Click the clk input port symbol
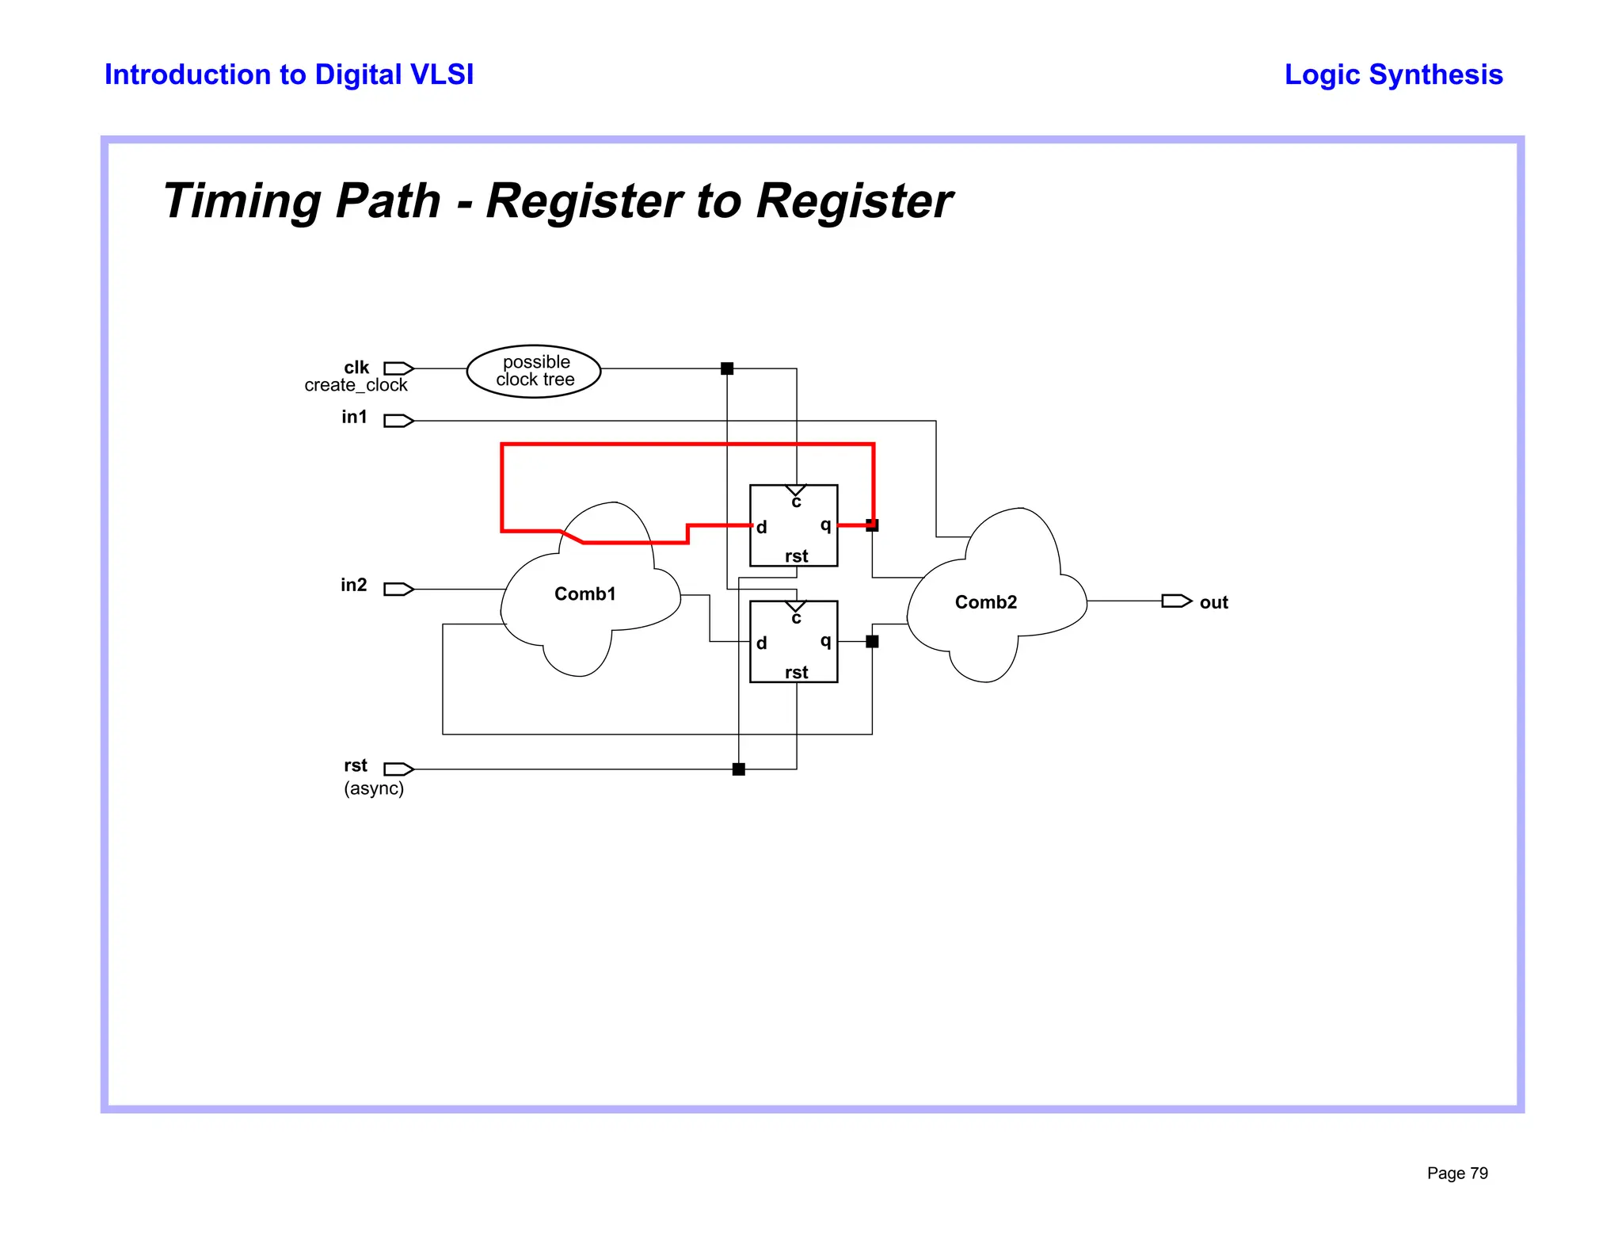pyautogui.click(x=398, y=368)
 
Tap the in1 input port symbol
pyautogui.click(x=398, y=421)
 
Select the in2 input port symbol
pyautogui.click(x=398, y=589)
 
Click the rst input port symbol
pyautogui.click(x=398, y=769)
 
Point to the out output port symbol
pyautogui.click(x=1176, y=601)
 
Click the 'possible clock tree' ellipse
pyautogui.click(x=534, y=371)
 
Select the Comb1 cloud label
pyautogui.click(x=584, y=594)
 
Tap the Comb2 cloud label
pyautogui.click(x=985, y=602)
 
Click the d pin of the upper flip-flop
pyautogui.click(x=761, y=528)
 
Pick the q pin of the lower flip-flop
pyautogui.click(x=825, y=640)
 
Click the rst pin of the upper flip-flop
pyautogui.click(x=796, y=556)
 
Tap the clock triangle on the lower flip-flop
pyautogui.click(x=796, y=607)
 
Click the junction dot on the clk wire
pyautogui.click(x=727, y=368)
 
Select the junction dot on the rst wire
pyautogui.click(x=739, y=769)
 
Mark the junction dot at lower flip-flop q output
pyautogui.click(x=872, y=642)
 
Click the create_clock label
pyautogui.click(x=356, y=386)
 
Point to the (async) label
pyautogui.click(x=374, y=788)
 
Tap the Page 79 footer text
pyautogui.click(x=1456, y=1174)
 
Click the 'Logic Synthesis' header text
pyautogui.click(x=1392, y=74)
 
